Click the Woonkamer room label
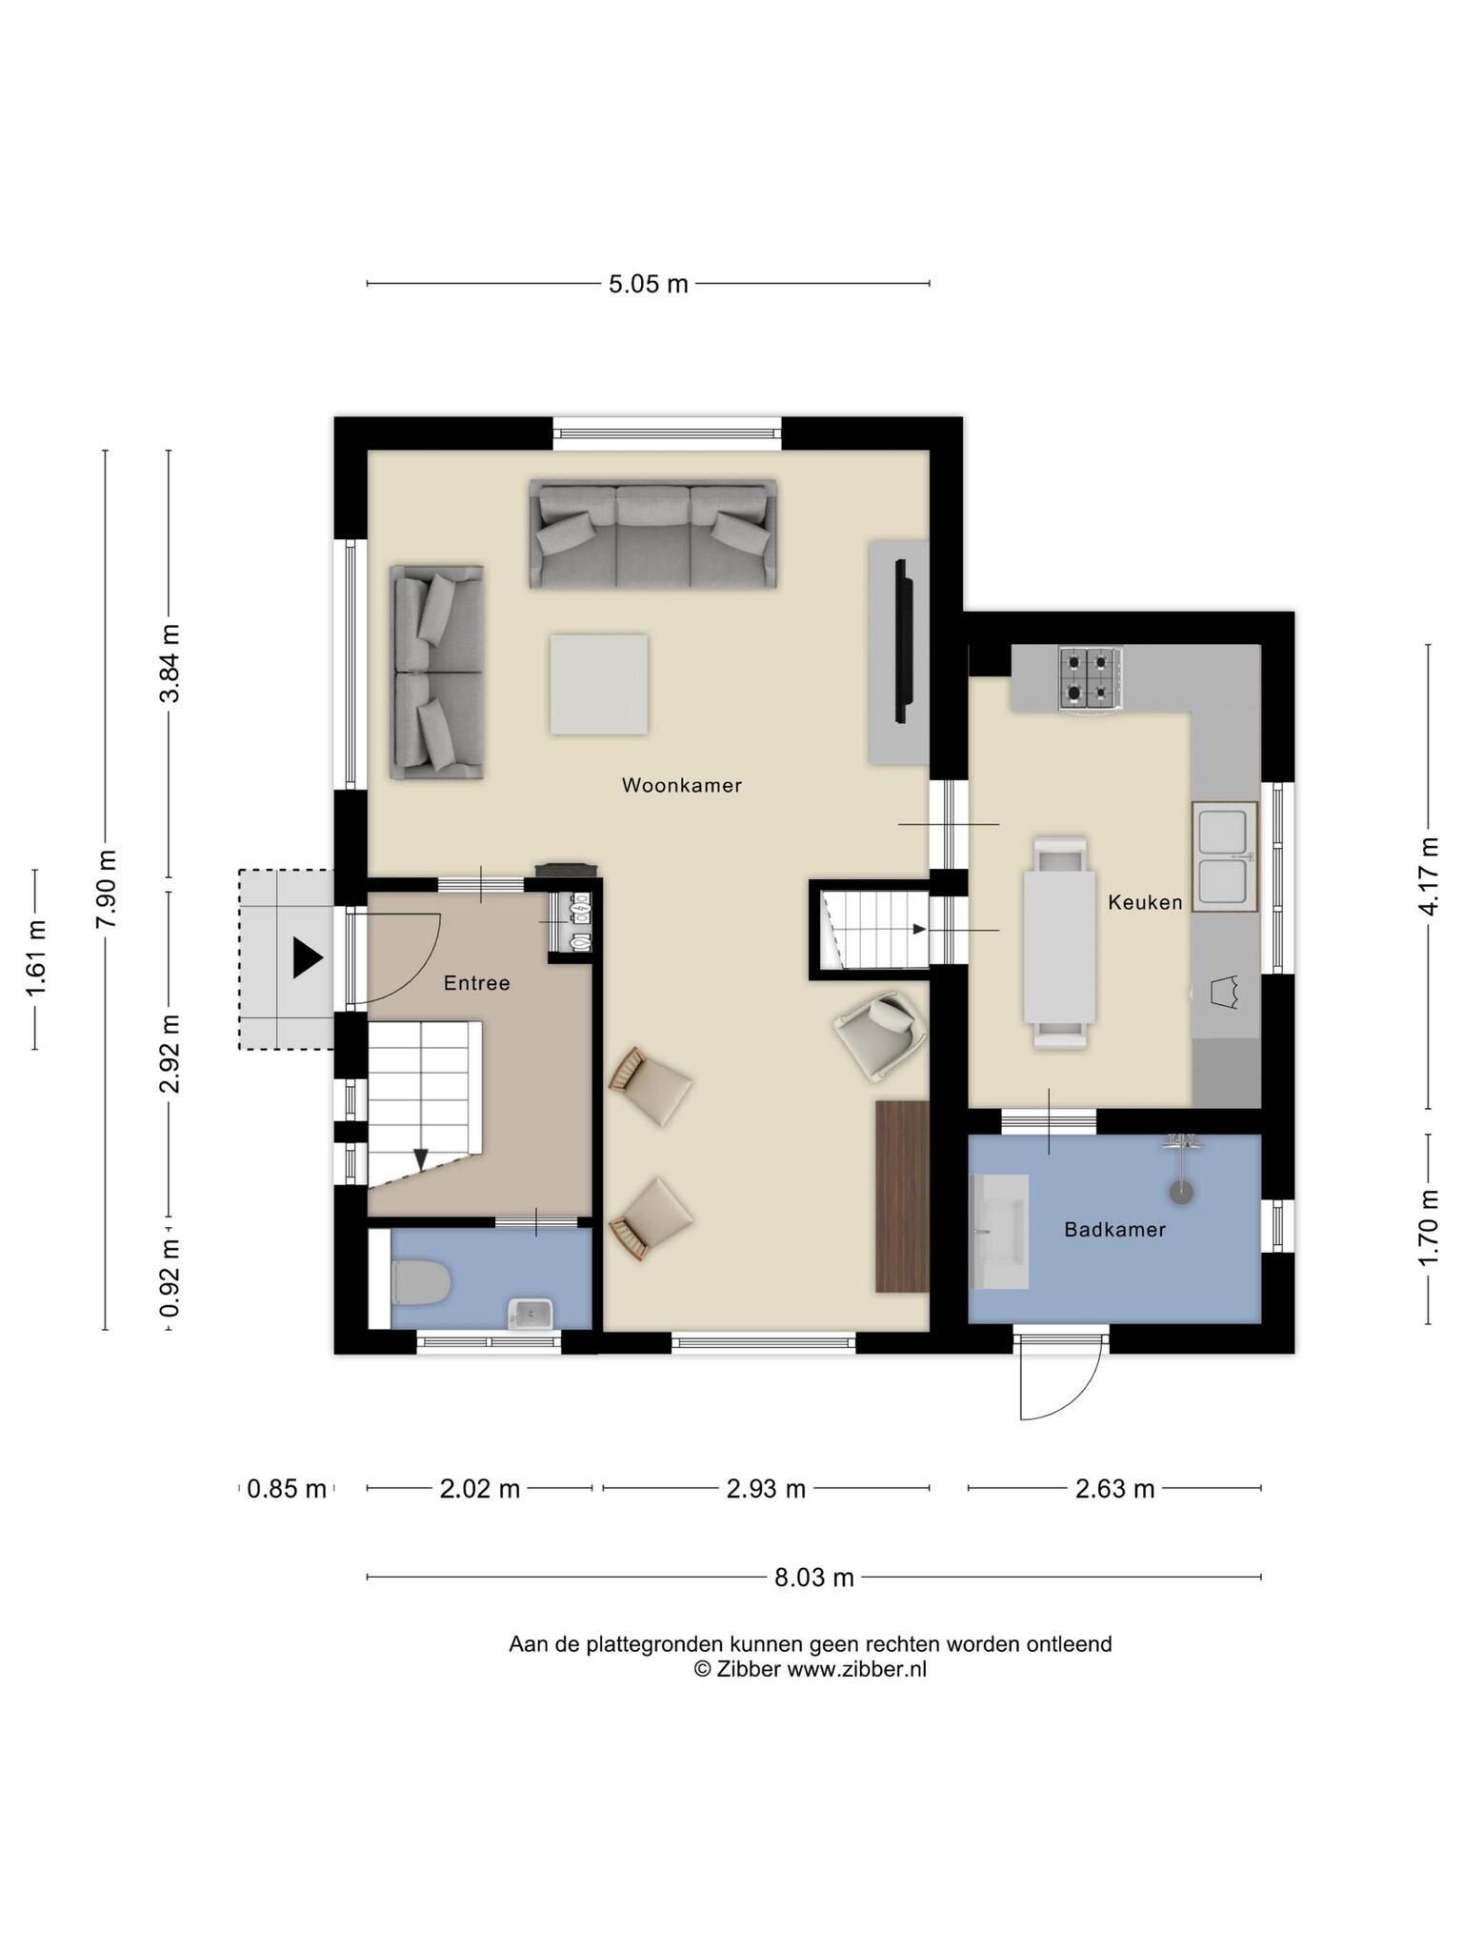click(681, 786)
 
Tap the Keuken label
click(1145, 902)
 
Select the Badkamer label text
click(1114, 1230)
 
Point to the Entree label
click(476, 983)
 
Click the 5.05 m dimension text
click(649, 284)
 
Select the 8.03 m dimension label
click(813, 1578)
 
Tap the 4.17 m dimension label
click(1428, 876)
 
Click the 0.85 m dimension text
click(287, 1489)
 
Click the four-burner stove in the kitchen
click(1090, 678)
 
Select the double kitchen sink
click(1224, 856)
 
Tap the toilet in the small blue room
click(420, 1283)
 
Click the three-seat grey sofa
click(652, 533)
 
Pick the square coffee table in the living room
click(599, 684)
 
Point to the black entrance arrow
click(308, 957)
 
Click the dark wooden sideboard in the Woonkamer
click(902, 1197)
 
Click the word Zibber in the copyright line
click(749, 1669)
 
